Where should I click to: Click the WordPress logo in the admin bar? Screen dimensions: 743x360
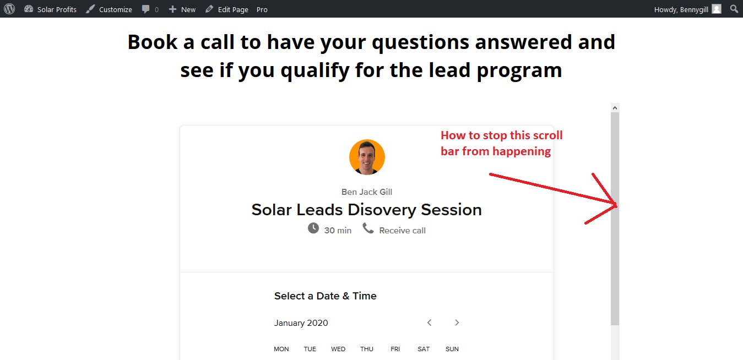pyautogui.click(x=9, y=9)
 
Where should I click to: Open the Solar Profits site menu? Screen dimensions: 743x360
pyautogui.click(x=50, y=9)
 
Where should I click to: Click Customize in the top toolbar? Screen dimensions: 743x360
pyautogui.click(x=109, y=9)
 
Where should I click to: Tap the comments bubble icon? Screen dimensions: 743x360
pyautogui.click(x=145, y=9)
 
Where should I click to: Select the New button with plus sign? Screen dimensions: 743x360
pyautogui.click(x=182, y=9)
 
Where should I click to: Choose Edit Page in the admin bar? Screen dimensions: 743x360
pyautogui.click(x=227, y=9)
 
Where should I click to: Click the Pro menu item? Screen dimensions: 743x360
pyautogui.click(x=262, y=9)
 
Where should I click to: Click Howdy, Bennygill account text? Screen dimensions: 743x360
pyautogui.click(x=681, y=9)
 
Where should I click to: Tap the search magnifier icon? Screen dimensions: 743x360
pyautogui.click(x=734, y=9)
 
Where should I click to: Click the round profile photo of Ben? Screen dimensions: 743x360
pyautogui.click(x=367, y=157)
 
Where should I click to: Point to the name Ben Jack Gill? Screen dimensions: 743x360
pyautogui.click(x=366, y=192)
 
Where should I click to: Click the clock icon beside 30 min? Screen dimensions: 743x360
pyautogui.click(x=313, y=228)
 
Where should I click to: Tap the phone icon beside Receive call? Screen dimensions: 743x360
pyautogui.click(x=368, y=228)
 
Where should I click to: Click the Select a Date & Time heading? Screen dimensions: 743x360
pyautogui.click(x=325, y=296)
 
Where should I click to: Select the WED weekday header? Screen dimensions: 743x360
pyautogui.click(x=338, y=349)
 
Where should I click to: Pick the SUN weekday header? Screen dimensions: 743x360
pyautogui.click(x=452, y=349)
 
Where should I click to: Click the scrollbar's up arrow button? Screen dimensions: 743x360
pyautogui.click(x=615, y=108)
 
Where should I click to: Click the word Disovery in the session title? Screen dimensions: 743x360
pyautogui.click(x=382, y=210)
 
